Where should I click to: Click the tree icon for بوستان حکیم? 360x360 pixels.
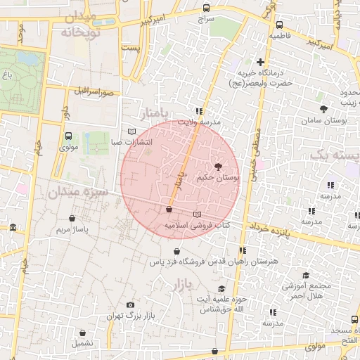(216, 167)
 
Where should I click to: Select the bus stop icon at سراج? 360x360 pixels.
(205, 8)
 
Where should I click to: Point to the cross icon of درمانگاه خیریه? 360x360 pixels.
(261, 62)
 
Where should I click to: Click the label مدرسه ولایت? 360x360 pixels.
(199, 122)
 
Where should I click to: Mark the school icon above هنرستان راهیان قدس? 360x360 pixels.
(242, 250)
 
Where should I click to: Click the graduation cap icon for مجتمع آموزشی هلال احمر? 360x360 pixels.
(305, 275)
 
